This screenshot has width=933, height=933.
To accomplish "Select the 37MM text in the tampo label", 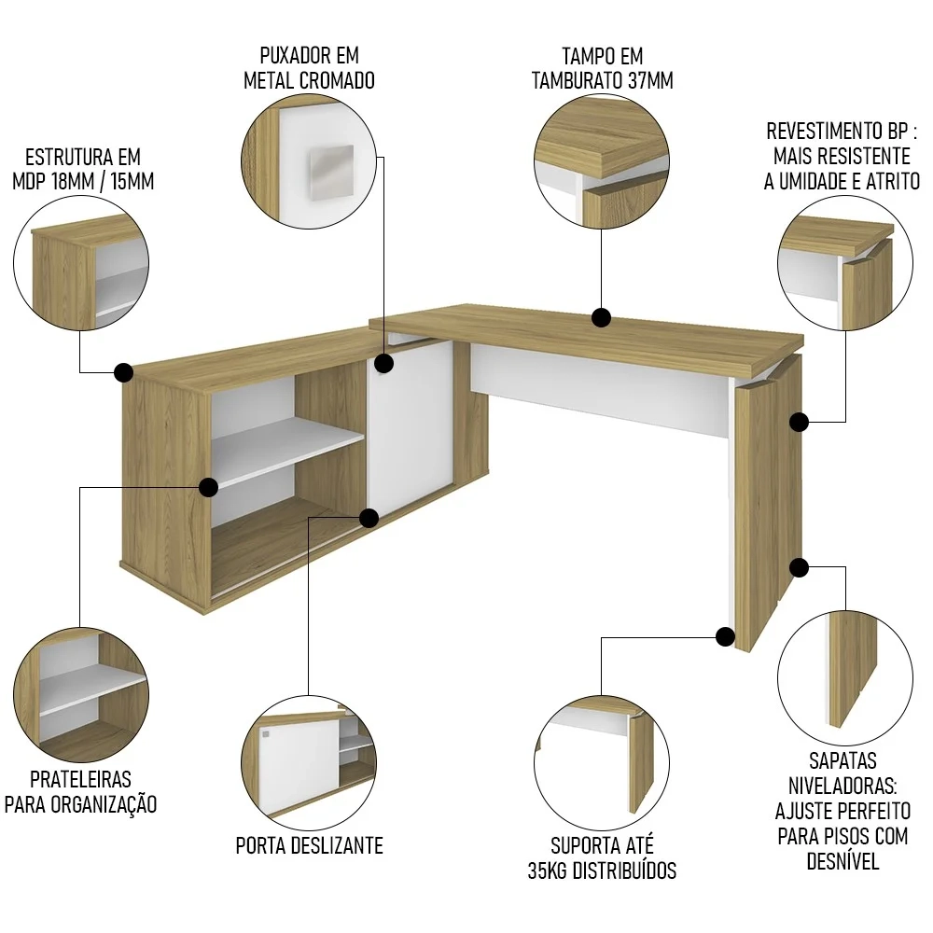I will click(650, 81).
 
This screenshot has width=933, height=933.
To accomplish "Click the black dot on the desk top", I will click(602, 318).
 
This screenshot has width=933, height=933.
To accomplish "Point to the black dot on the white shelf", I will click(209, 486).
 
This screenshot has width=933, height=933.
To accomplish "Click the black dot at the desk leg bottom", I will click(725, 637).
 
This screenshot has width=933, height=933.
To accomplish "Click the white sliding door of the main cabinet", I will click(411, 425).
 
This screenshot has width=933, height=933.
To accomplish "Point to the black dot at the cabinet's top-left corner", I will click(122, 372).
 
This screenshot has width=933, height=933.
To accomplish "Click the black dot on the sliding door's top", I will click(384, 362).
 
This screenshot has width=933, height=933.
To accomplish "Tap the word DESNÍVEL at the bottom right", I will click(842, 860).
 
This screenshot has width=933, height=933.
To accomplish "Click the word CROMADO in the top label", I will click(338, 81).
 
